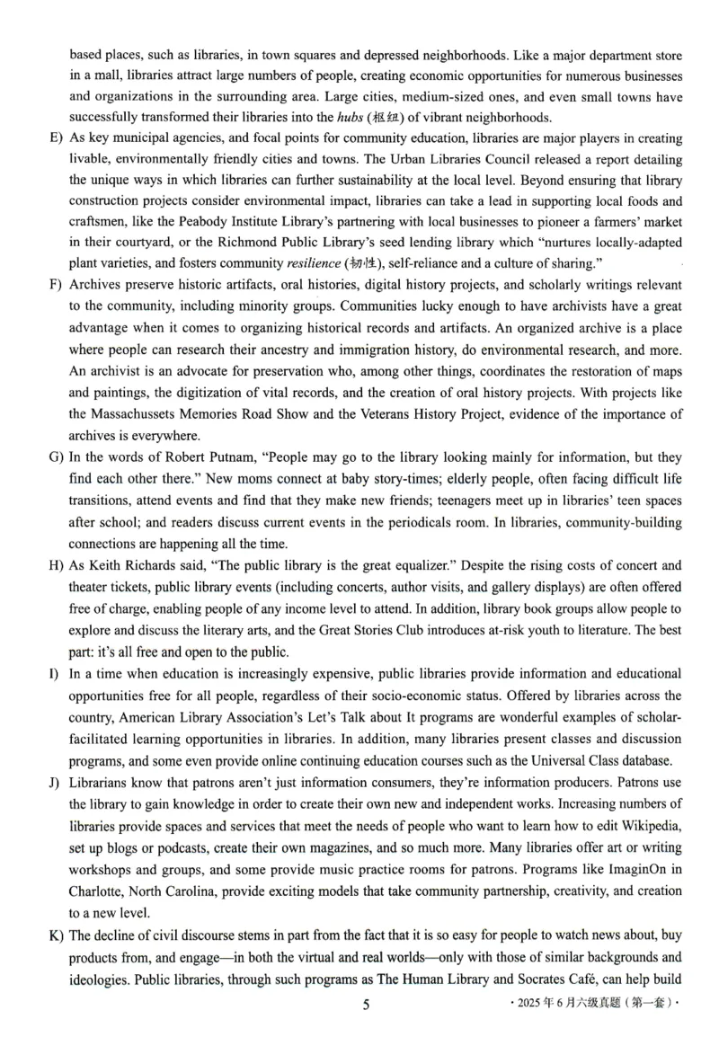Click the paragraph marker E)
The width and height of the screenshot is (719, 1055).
point(55,139)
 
